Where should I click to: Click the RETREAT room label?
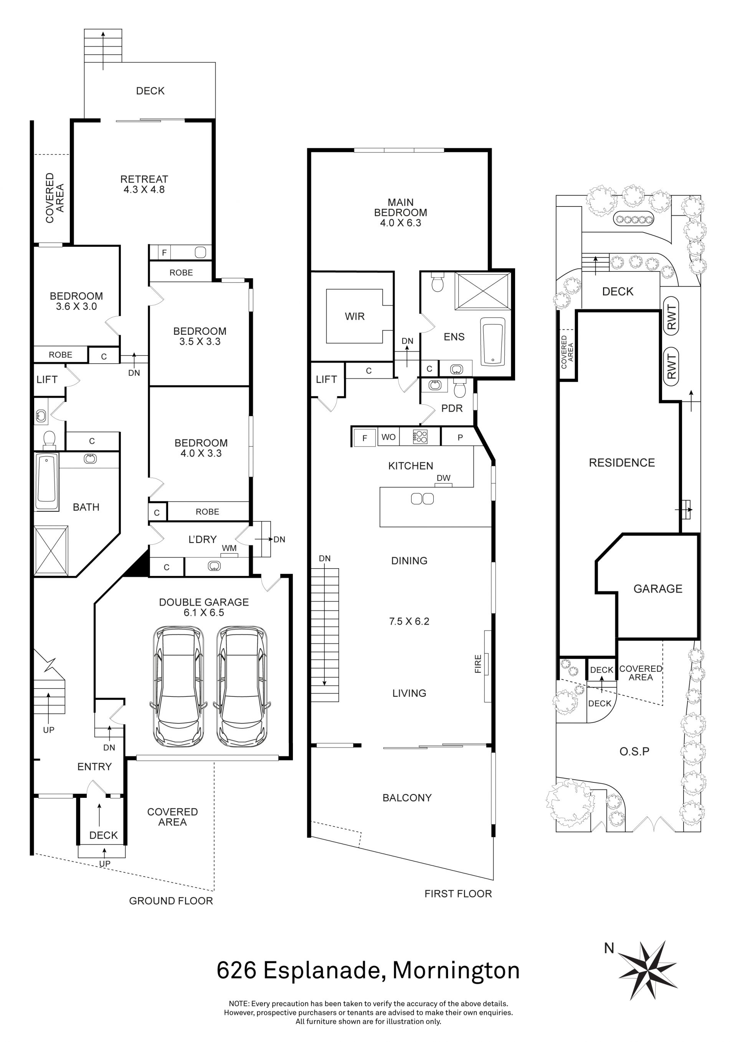click(x=144, y=179)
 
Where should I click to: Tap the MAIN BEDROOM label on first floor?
click(x=401, y=207)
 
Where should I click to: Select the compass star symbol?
click(x=648, y=970)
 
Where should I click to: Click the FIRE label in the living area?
click(x=478, y=663)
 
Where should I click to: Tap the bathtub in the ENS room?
click(x=493, y=341)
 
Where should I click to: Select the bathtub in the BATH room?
click(x=47, y=481)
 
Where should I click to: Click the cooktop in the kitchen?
click(x=420, y=437)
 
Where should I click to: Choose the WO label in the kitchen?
click(x=388, y=437)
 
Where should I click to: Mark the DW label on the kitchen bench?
click(x=443, y=478)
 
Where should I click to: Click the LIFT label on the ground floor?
click(x=47, y=379)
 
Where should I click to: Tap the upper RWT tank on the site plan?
click(x=672, y=316)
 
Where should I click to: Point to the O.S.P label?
click(x=635, y=751)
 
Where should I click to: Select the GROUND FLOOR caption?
click(x=171, y=901)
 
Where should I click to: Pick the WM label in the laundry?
click(x=229, y=548)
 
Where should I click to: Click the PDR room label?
click(x=452, y=408)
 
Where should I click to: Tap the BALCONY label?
click(x=407, y=797)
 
